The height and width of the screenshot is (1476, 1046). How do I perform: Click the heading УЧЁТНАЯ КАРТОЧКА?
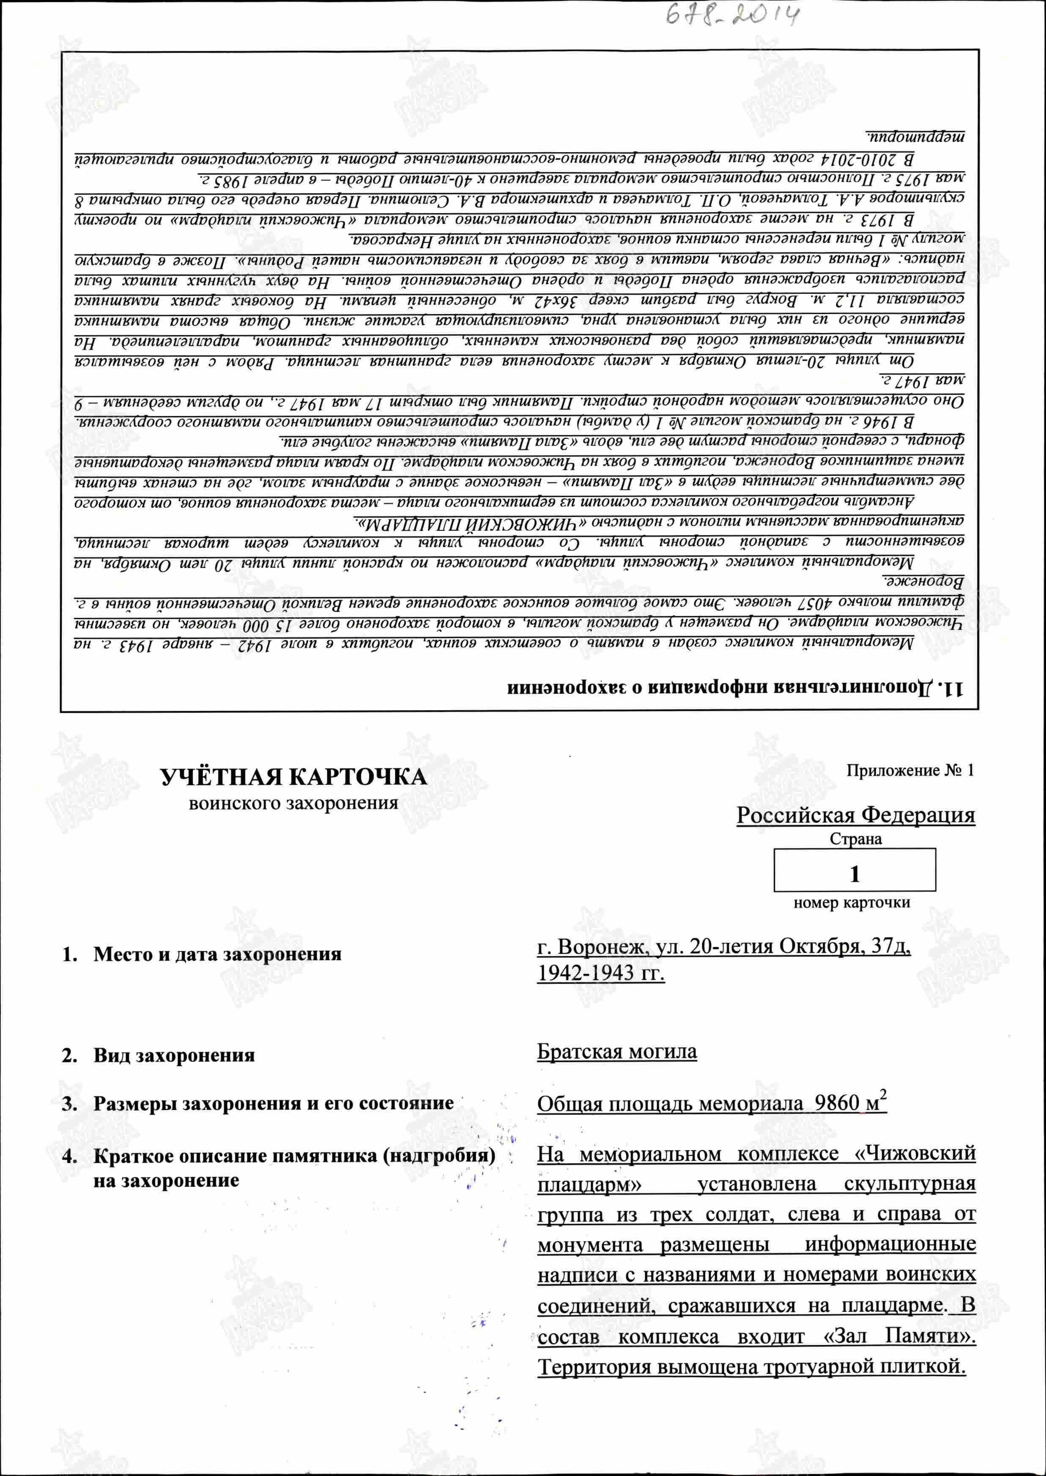293,777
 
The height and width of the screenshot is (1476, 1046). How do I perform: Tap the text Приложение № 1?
909,771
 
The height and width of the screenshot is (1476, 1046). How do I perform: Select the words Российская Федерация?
855,815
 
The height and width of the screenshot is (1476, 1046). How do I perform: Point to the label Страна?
855,839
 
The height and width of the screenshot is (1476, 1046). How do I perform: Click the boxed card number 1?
855,874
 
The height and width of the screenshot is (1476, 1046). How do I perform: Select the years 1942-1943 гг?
600,973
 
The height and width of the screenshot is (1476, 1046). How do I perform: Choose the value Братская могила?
616,1052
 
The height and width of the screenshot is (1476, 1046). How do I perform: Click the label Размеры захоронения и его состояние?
273,1104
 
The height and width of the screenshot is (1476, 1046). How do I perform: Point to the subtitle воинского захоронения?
293,804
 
